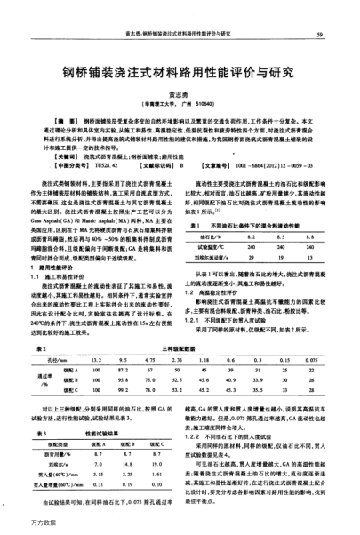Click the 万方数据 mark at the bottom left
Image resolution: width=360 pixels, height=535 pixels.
19,523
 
